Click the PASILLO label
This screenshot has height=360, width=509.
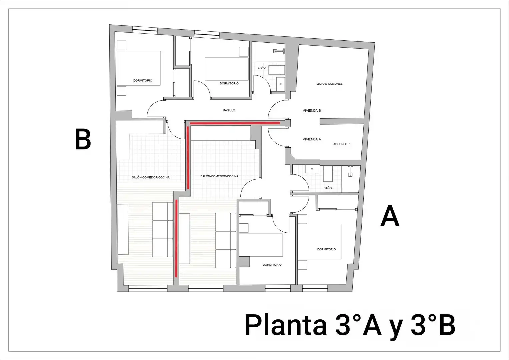229,110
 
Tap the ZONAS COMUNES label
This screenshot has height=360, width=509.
330,84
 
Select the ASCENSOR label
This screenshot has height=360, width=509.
341,144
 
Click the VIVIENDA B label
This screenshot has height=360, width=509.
312,111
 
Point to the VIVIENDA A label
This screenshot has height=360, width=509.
312,139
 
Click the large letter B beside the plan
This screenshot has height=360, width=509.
83,139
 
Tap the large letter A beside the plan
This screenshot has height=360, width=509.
390,215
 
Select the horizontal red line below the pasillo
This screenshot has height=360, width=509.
235,123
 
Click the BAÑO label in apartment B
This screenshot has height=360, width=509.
261,68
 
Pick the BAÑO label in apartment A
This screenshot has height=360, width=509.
328,188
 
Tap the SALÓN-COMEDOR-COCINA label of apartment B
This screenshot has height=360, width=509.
151,177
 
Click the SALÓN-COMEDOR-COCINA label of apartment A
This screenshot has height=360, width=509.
219,176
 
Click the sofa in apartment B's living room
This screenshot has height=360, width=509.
163,229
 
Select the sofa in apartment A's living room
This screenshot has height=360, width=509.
226,240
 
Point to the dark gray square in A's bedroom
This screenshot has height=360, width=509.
245,262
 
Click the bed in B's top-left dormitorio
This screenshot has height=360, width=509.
139,68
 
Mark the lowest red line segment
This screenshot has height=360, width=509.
176,238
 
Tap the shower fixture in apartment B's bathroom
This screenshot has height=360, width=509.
279,51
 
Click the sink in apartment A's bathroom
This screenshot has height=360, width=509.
312,169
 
